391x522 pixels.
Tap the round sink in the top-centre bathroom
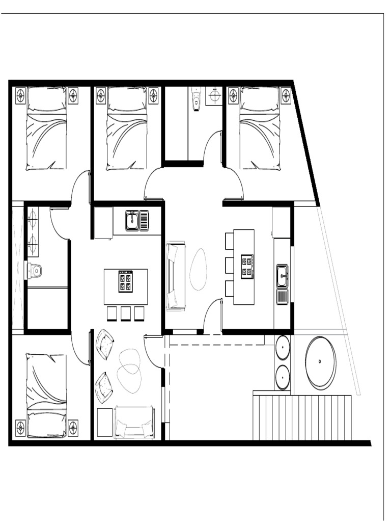pyautogui.click(x=214, y=95)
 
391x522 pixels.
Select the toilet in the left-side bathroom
pyautogui.click(x=35, y=270)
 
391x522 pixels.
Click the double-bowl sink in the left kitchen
pyautogui.click(x=137, y=221)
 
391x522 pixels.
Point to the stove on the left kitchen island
pyautogui.click(x=126, y=281)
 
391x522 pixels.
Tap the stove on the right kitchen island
pyautogui.click(x=247, y=265)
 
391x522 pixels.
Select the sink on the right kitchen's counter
pyautogui.click(x=282, y=276)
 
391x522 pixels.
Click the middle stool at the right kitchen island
pyautogui.click(x=229, y=265)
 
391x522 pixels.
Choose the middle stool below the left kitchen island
pyautogui.click(x=126, y=314)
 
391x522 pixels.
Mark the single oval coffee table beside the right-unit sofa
pyautogui.click(x=199, y=269)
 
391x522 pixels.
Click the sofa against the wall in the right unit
pyautogui.click(x=175, y=276)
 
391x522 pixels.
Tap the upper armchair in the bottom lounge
pyautogui.click(x=105, y=344)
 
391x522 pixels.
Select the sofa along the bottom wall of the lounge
pyautogui.click(x=134, y=422)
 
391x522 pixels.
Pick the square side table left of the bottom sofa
pyautogui.click(x=105, y=422)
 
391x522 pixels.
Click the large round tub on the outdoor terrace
pyautogui.click(x=320, y=362)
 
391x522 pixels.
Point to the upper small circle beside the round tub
pyautogui.click(x=283, y=348)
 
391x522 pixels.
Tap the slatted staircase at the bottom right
pyautogui.click(x=302, y=417)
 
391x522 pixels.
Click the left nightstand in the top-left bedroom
pyautogui.click(x=20, y=95)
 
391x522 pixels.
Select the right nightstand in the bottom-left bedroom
pyautogui.click(x=73, y=427)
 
